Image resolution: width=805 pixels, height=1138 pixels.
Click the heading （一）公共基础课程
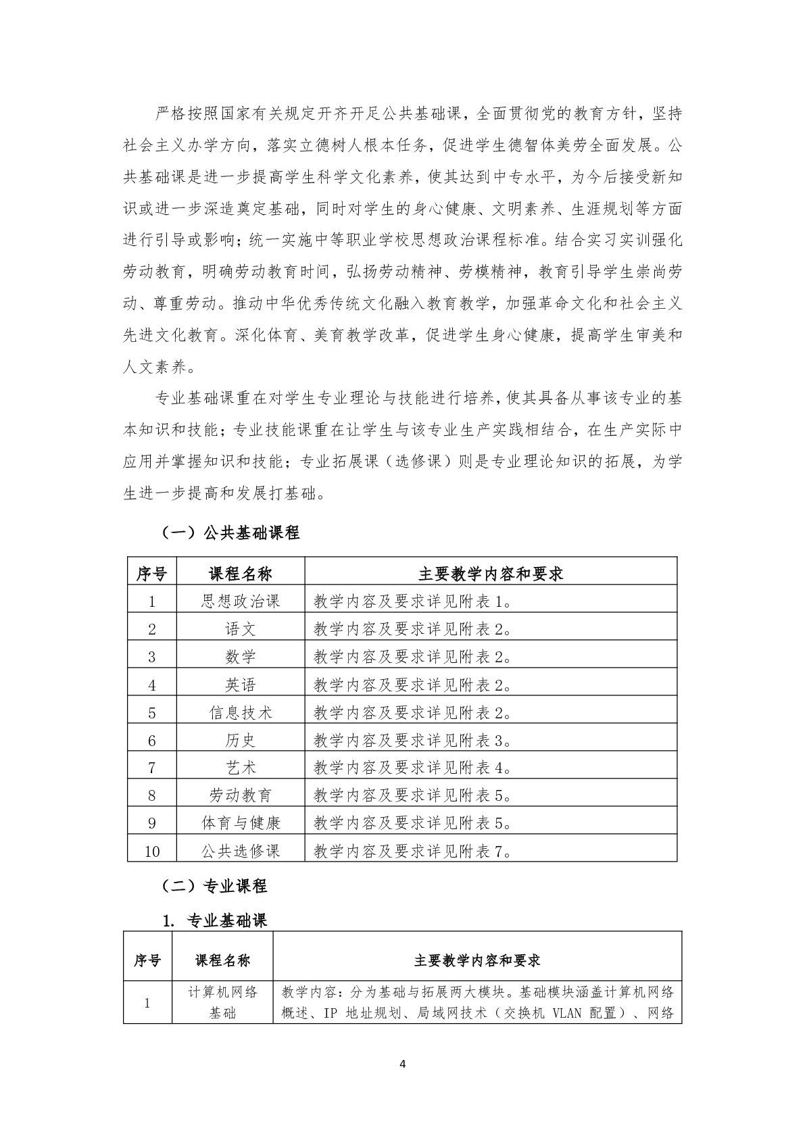[229, 533]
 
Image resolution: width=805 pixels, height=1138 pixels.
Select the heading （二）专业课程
[213, 886]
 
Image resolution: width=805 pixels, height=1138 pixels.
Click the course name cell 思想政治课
[240, 601]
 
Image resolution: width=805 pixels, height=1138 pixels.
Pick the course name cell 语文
[240, 628]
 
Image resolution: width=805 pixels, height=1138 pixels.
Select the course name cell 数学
[240, 656]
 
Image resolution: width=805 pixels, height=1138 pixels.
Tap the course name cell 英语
[240, 685]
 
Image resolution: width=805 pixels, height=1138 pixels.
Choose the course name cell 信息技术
[240, 712]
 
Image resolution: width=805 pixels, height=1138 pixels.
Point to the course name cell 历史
[240, 740]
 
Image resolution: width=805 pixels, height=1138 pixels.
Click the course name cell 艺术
[240, 768]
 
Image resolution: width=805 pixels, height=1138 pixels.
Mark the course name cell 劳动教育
[240, 795]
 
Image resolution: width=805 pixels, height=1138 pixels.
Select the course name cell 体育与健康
[240, 823]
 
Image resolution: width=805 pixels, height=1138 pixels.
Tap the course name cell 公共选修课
[240, 851]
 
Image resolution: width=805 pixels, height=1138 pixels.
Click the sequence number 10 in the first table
[152, 851]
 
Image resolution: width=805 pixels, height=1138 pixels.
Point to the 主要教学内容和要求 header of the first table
[490, 574]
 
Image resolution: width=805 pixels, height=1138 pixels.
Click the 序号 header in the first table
[152, 574]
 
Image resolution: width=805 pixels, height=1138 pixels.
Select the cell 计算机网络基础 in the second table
[222, 1003]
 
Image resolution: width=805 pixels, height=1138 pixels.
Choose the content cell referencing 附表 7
[412, 851]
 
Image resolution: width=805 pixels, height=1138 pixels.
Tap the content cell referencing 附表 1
[412, 601]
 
